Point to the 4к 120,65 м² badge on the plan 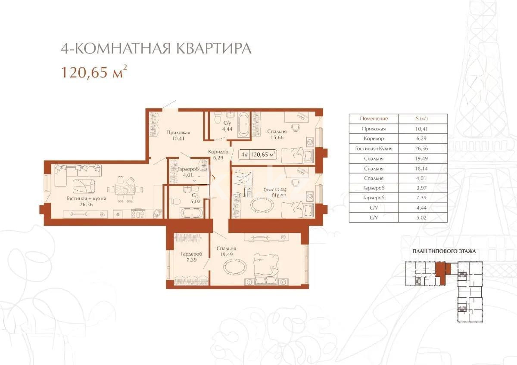pos(257,154)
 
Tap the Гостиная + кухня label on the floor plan pos(86,201)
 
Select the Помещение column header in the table pos(374,118)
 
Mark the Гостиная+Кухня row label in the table pos(374,148)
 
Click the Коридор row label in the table pos(374,139)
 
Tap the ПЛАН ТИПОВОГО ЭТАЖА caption pos(444,251)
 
